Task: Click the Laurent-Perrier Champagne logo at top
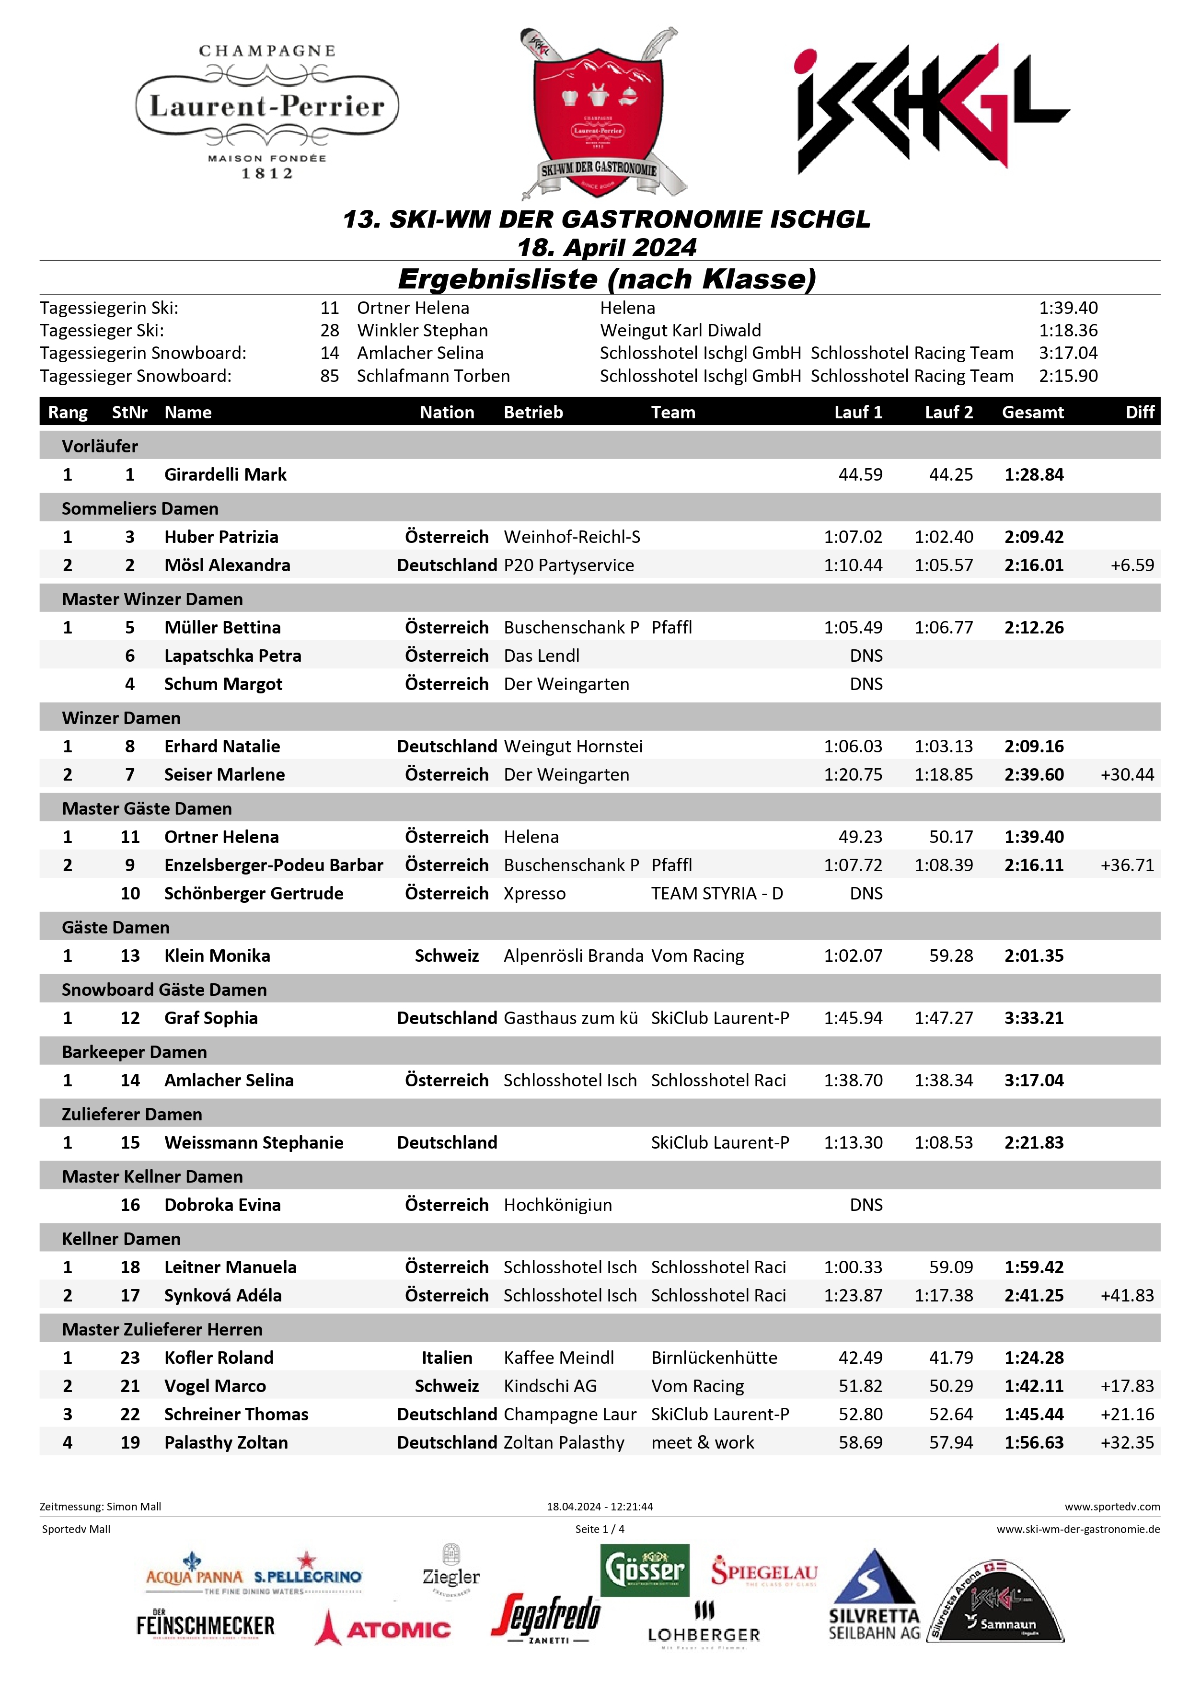coord(267,111)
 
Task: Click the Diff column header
coord(1139,412)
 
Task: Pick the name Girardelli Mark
coord(226,474)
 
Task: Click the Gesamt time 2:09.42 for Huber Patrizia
coord(1033,537)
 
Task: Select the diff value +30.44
coord(1126,774)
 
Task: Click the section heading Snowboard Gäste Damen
coord(164,990)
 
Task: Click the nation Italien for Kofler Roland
coord(447,1358)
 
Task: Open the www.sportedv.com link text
coord(1111,1506)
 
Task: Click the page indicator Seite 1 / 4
coord(600,1529)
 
